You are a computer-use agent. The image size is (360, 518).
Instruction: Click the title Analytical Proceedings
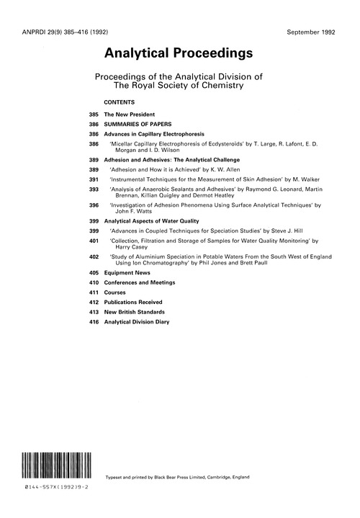(179, 53)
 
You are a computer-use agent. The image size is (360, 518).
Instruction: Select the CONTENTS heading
(120, 102)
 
